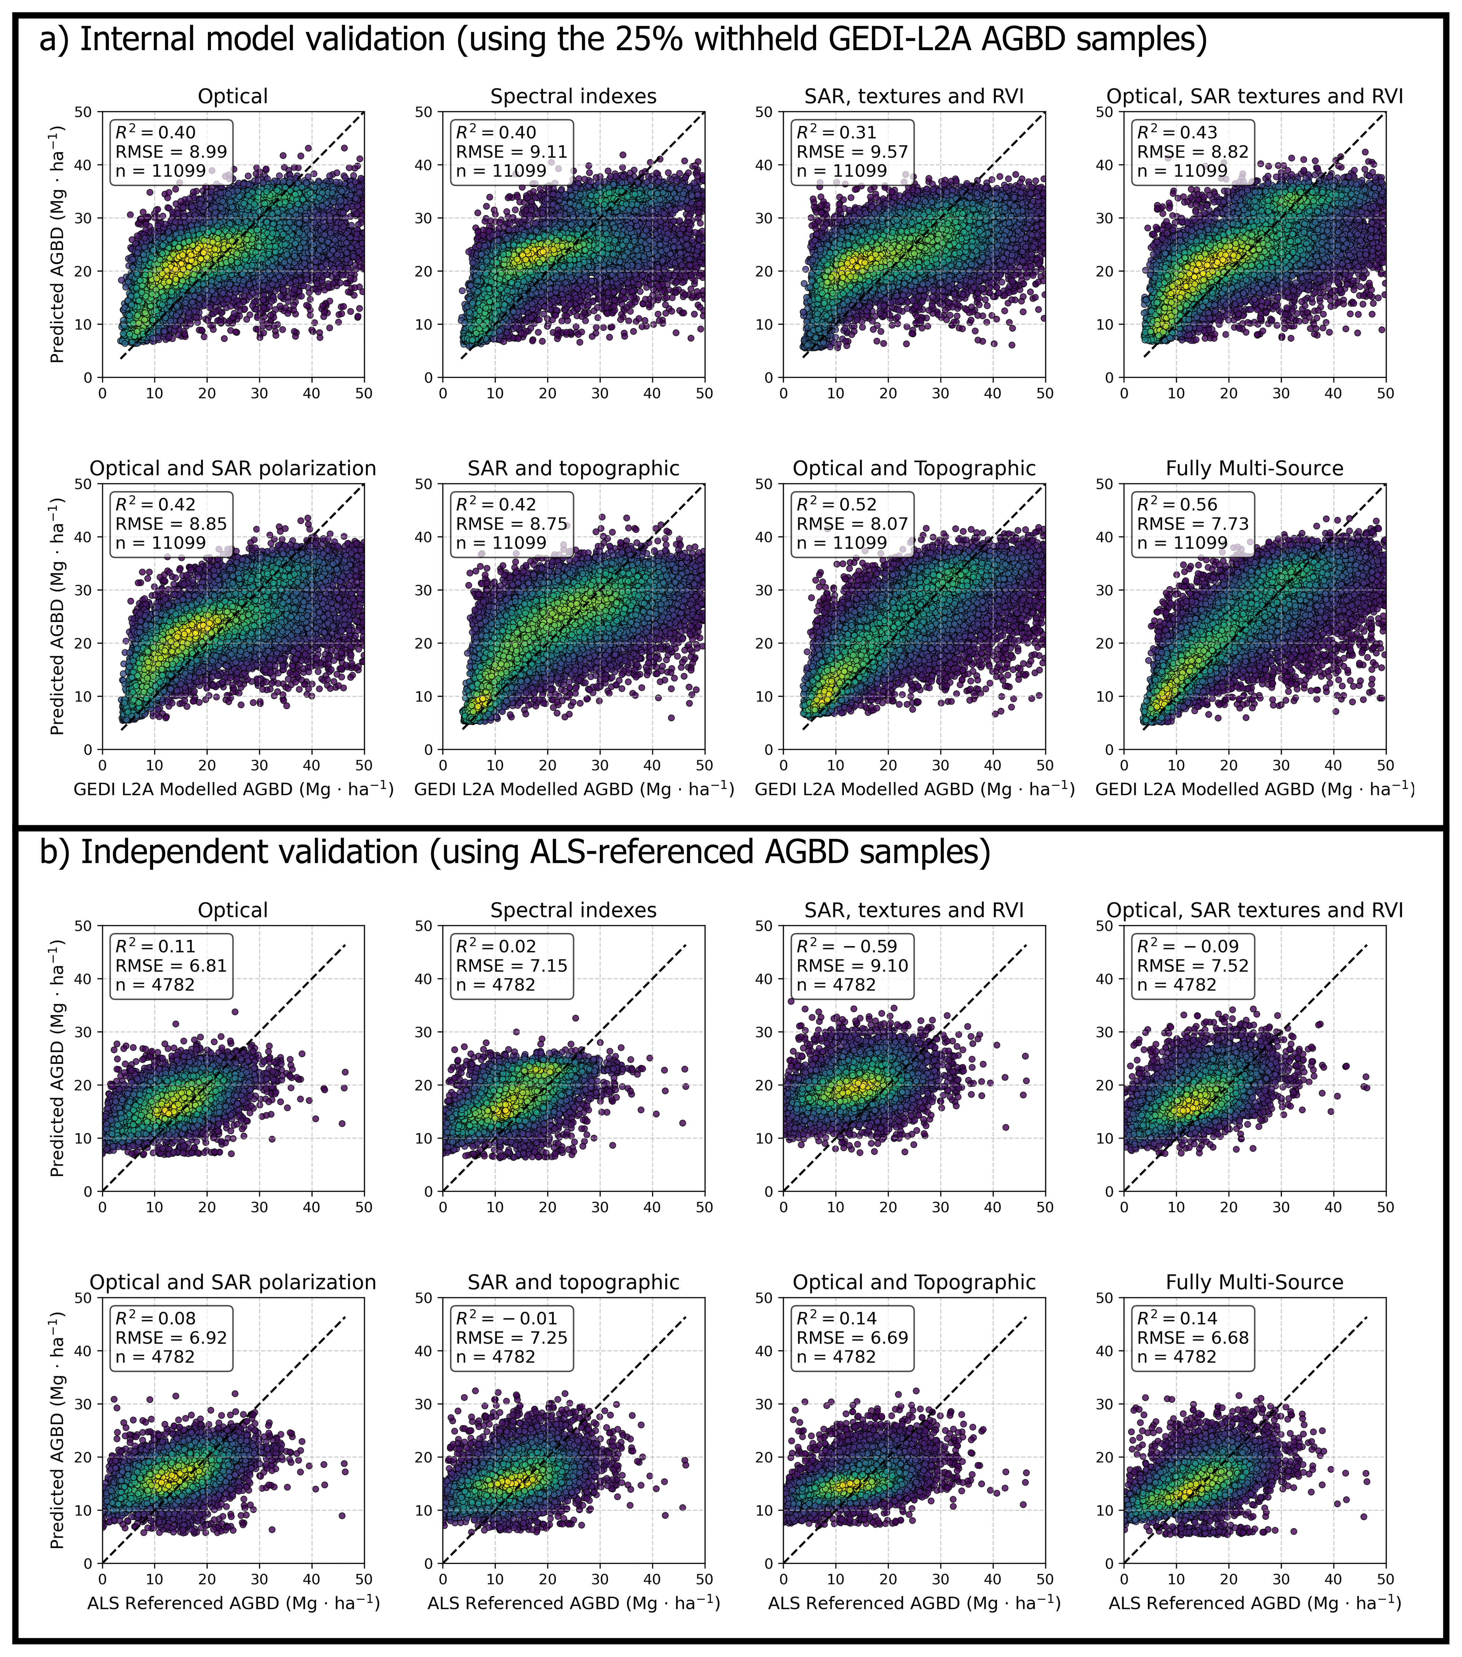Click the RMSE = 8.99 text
tap(171, 152)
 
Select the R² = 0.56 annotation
tap(1177, 504)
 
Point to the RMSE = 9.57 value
tap(852, 152)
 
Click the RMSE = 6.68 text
tap(1192, 1338)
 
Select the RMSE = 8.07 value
tap(852, 524)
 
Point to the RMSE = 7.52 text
tap(1192, 965)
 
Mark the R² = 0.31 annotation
tap(837, 132)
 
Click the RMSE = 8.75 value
tap(511, 524)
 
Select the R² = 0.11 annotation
tap(155, 946)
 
